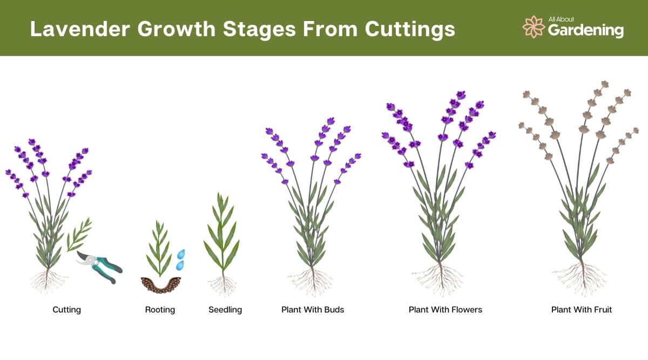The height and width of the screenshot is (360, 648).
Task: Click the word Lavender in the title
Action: (x=80, y=29)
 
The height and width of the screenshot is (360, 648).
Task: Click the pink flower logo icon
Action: (x=533, y=27)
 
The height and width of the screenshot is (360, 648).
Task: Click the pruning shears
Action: (x=99, y=267)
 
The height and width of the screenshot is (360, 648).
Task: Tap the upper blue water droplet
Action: (x=181, y=254)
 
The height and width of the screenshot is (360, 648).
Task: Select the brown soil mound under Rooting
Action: (x=160, y=285)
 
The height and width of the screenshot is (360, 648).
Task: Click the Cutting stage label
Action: (x=67, y=310)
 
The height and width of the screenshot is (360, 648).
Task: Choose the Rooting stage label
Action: (x=160, y=310)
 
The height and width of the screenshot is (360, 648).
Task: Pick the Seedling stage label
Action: (x=225, y=310)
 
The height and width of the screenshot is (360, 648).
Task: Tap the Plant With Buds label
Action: (x=313, y=310)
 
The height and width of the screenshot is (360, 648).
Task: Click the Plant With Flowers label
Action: (x=445, y=310)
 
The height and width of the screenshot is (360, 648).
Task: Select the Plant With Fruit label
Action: (x=582, y=310)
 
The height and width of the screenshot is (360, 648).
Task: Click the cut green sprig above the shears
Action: (x=79, y=234)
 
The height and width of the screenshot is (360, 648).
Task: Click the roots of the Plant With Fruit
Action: (x=582, y=279)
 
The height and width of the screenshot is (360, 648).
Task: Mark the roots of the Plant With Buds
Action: (x=313, y=281)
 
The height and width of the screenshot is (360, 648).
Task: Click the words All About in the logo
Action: (x=561, y=19)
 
